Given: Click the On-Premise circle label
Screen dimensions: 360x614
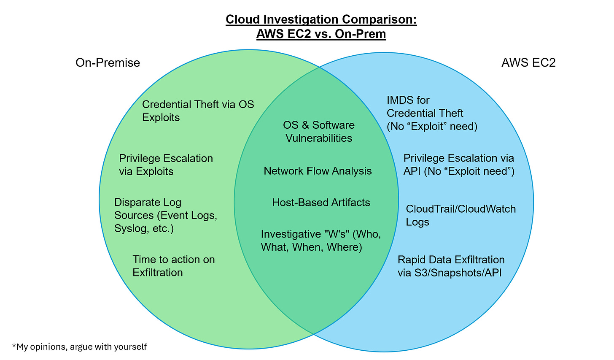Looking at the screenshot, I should click(x=108, y=63).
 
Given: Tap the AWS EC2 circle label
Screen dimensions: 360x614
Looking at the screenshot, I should click(x=528, y=63).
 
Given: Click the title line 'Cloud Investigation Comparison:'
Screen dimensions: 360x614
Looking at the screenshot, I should click(x=321, y=20).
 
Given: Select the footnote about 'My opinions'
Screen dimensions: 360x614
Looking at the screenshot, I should click(x=79, y=347).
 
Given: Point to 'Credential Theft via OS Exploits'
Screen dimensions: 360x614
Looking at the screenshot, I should click(x=198, y=111).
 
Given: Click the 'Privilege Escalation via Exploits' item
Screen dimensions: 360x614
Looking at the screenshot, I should click(x=166, y=165).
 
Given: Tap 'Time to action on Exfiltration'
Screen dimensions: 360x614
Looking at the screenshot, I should click(x=173, y=266).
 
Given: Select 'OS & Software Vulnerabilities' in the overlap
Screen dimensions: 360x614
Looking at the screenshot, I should click(x=319, y=131).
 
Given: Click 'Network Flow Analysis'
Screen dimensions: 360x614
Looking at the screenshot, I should click(x=318, y=171).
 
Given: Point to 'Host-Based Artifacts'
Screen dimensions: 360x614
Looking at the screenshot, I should click(x=321, y=203).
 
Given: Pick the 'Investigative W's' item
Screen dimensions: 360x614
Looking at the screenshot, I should click(x=320, y=240).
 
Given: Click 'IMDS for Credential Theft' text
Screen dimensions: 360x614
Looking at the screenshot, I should click(x=431, y=113).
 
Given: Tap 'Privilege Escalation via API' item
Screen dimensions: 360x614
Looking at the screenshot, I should click(x=459, y=165).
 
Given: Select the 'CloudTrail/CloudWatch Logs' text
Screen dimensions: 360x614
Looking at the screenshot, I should click(x=460, y=215).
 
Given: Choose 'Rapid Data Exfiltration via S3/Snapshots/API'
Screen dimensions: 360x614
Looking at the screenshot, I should click(x=451, y=266).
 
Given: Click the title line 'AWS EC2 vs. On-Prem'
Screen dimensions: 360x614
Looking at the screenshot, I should click(x=321, y=34).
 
